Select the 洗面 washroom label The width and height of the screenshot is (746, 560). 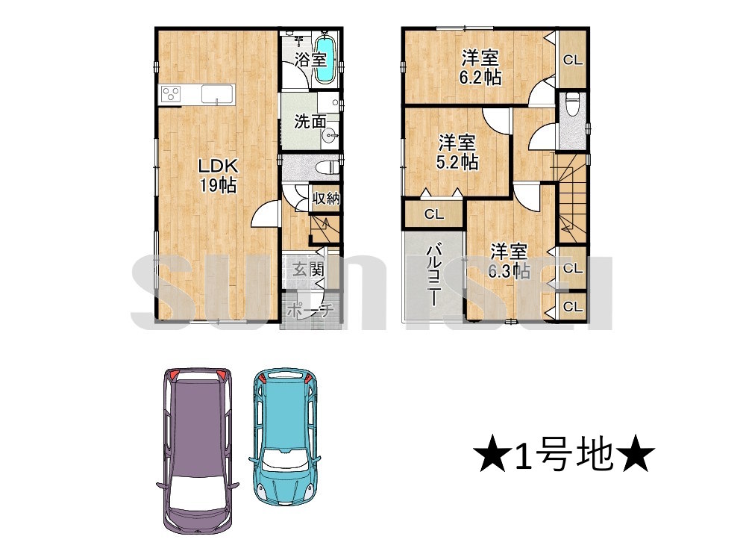(x=310, y=121)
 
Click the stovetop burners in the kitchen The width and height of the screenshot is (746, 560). (x=171, y=94)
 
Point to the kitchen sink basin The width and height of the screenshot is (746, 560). (x=217, y=94)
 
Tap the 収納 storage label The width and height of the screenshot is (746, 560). (x=326, y=198)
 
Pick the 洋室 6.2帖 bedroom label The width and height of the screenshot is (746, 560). (x=480, y=67)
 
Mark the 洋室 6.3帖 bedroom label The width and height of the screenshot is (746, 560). (x=509, y=261)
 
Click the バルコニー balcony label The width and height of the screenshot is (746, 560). (x=432, y=275)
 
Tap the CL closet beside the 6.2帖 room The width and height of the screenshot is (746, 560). (x=573, y=60)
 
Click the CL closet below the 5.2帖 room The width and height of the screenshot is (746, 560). (x=434, y=214)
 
